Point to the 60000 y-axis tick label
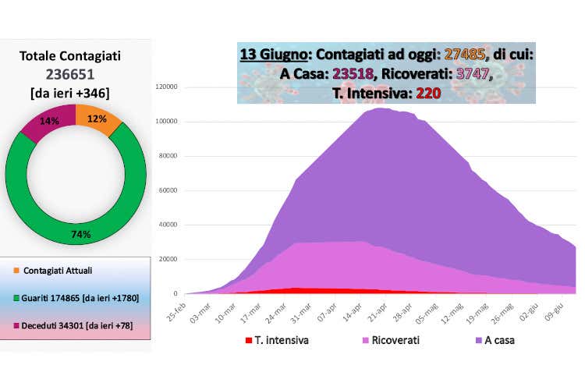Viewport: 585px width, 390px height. [174, 190]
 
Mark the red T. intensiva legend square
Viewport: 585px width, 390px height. [248, 340]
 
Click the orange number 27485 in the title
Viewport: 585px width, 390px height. [465, 55]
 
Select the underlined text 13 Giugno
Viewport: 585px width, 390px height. [272, 55]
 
